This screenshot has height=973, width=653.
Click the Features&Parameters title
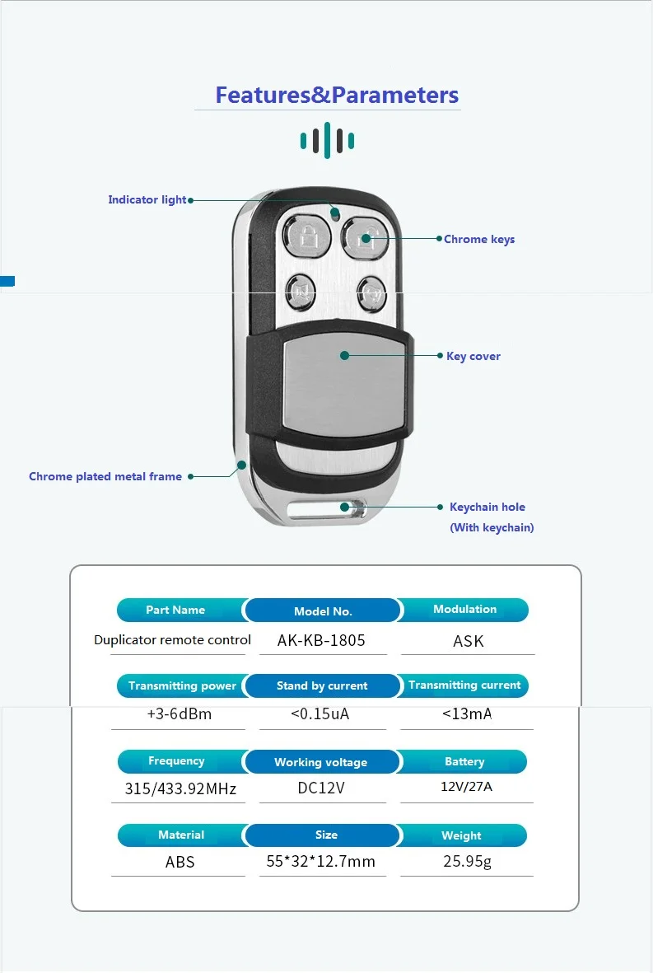[337, 95]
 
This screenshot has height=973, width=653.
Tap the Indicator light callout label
[147, 199]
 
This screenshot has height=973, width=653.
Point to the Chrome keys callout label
[479, 239]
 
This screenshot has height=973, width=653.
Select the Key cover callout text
[473, 356]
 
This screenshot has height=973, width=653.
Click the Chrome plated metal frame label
[105, 476]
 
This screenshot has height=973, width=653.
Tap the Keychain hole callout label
[487, 507]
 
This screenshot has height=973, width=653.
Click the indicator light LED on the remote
[335, 213]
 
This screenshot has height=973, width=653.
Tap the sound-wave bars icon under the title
[327, 140]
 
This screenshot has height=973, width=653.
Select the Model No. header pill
[323, 611]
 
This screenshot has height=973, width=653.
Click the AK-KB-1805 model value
[321, 640]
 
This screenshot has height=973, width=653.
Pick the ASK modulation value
[469, 641]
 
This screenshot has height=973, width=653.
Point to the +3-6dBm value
[180, 714]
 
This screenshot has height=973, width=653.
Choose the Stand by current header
[322, 685]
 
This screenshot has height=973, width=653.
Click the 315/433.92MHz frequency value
[180, 788]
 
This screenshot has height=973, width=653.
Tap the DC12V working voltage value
[321, 788]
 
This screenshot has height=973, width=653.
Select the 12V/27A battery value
[466, 786]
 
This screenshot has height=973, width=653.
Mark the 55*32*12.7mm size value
[321, 862]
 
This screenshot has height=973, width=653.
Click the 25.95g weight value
[467, 862]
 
